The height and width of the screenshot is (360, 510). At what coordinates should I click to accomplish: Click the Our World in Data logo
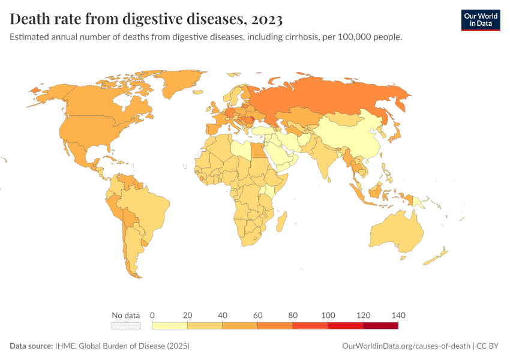[480, 20]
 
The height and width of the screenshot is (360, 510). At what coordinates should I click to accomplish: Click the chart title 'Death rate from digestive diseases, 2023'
[146, 19]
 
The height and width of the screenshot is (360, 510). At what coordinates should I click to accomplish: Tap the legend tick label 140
[398, 316]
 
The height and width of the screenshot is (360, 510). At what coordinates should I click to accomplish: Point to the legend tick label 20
[187, 316]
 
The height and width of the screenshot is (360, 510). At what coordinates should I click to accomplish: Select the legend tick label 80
[293, 316]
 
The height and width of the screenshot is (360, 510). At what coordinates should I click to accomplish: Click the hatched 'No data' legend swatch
[126, 326]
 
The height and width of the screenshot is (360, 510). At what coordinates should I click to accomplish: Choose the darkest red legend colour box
[380, 326]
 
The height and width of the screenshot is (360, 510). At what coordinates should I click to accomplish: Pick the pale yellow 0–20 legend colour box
[170, 326]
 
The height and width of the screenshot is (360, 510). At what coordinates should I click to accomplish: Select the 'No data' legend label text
[126, 316]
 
